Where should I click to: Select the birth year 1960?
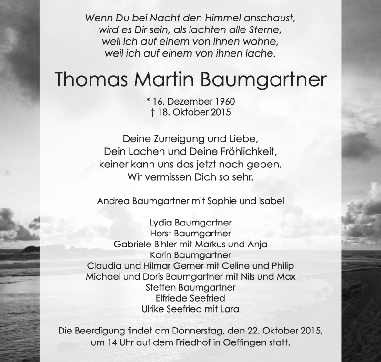(x=224, y=102)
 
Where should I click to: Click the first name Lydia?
(x=161, y=223)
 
